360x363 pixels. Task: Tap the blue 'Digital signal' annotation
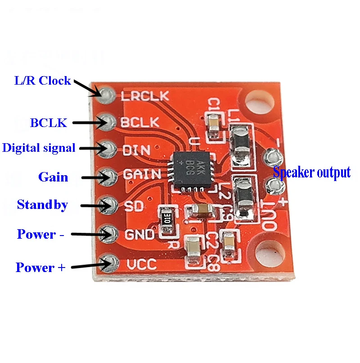(39, 148)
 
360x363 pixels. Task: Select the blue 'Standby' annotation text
(42, 205)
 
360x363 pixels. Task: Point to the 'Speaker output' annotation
(311, 172)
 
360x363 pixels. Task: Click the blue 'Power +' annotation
(40, 267)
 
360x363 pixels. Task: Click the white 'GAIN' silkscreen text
(141, 175)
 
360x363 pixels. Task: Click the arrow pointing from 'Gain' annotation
(94, 177)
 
